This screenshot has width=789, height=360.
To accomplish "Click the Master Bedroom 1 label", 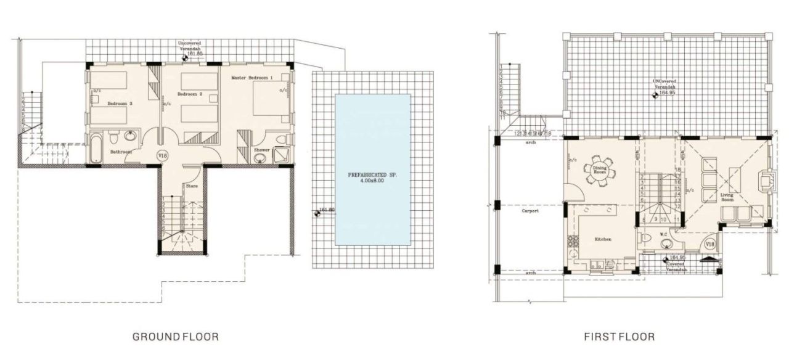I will pos(251,78).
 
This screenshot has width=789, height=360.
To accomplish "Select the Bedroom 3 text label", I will pos(118,104).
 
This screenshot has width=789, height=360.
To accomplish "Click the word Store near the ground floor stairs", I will pos(192,185).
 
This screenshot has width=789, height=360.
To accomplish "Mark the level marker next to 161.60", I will pos(318,213).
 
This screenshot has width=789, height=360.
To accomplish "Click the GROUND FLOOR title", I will pos(176,337).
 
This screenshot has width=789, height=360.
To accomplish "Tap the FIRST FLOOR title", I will pos(619,337).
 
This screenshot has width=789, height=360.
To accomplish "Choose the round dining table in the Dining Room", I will pos(600,171).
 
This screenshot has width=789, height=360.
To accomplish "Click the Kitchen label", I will pos(603,239).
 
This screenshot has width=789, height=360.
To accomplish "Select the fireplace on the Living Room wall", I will pos(765,181).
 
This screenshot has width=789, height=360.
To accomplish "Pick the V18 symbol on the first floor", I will pos(709,245).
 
